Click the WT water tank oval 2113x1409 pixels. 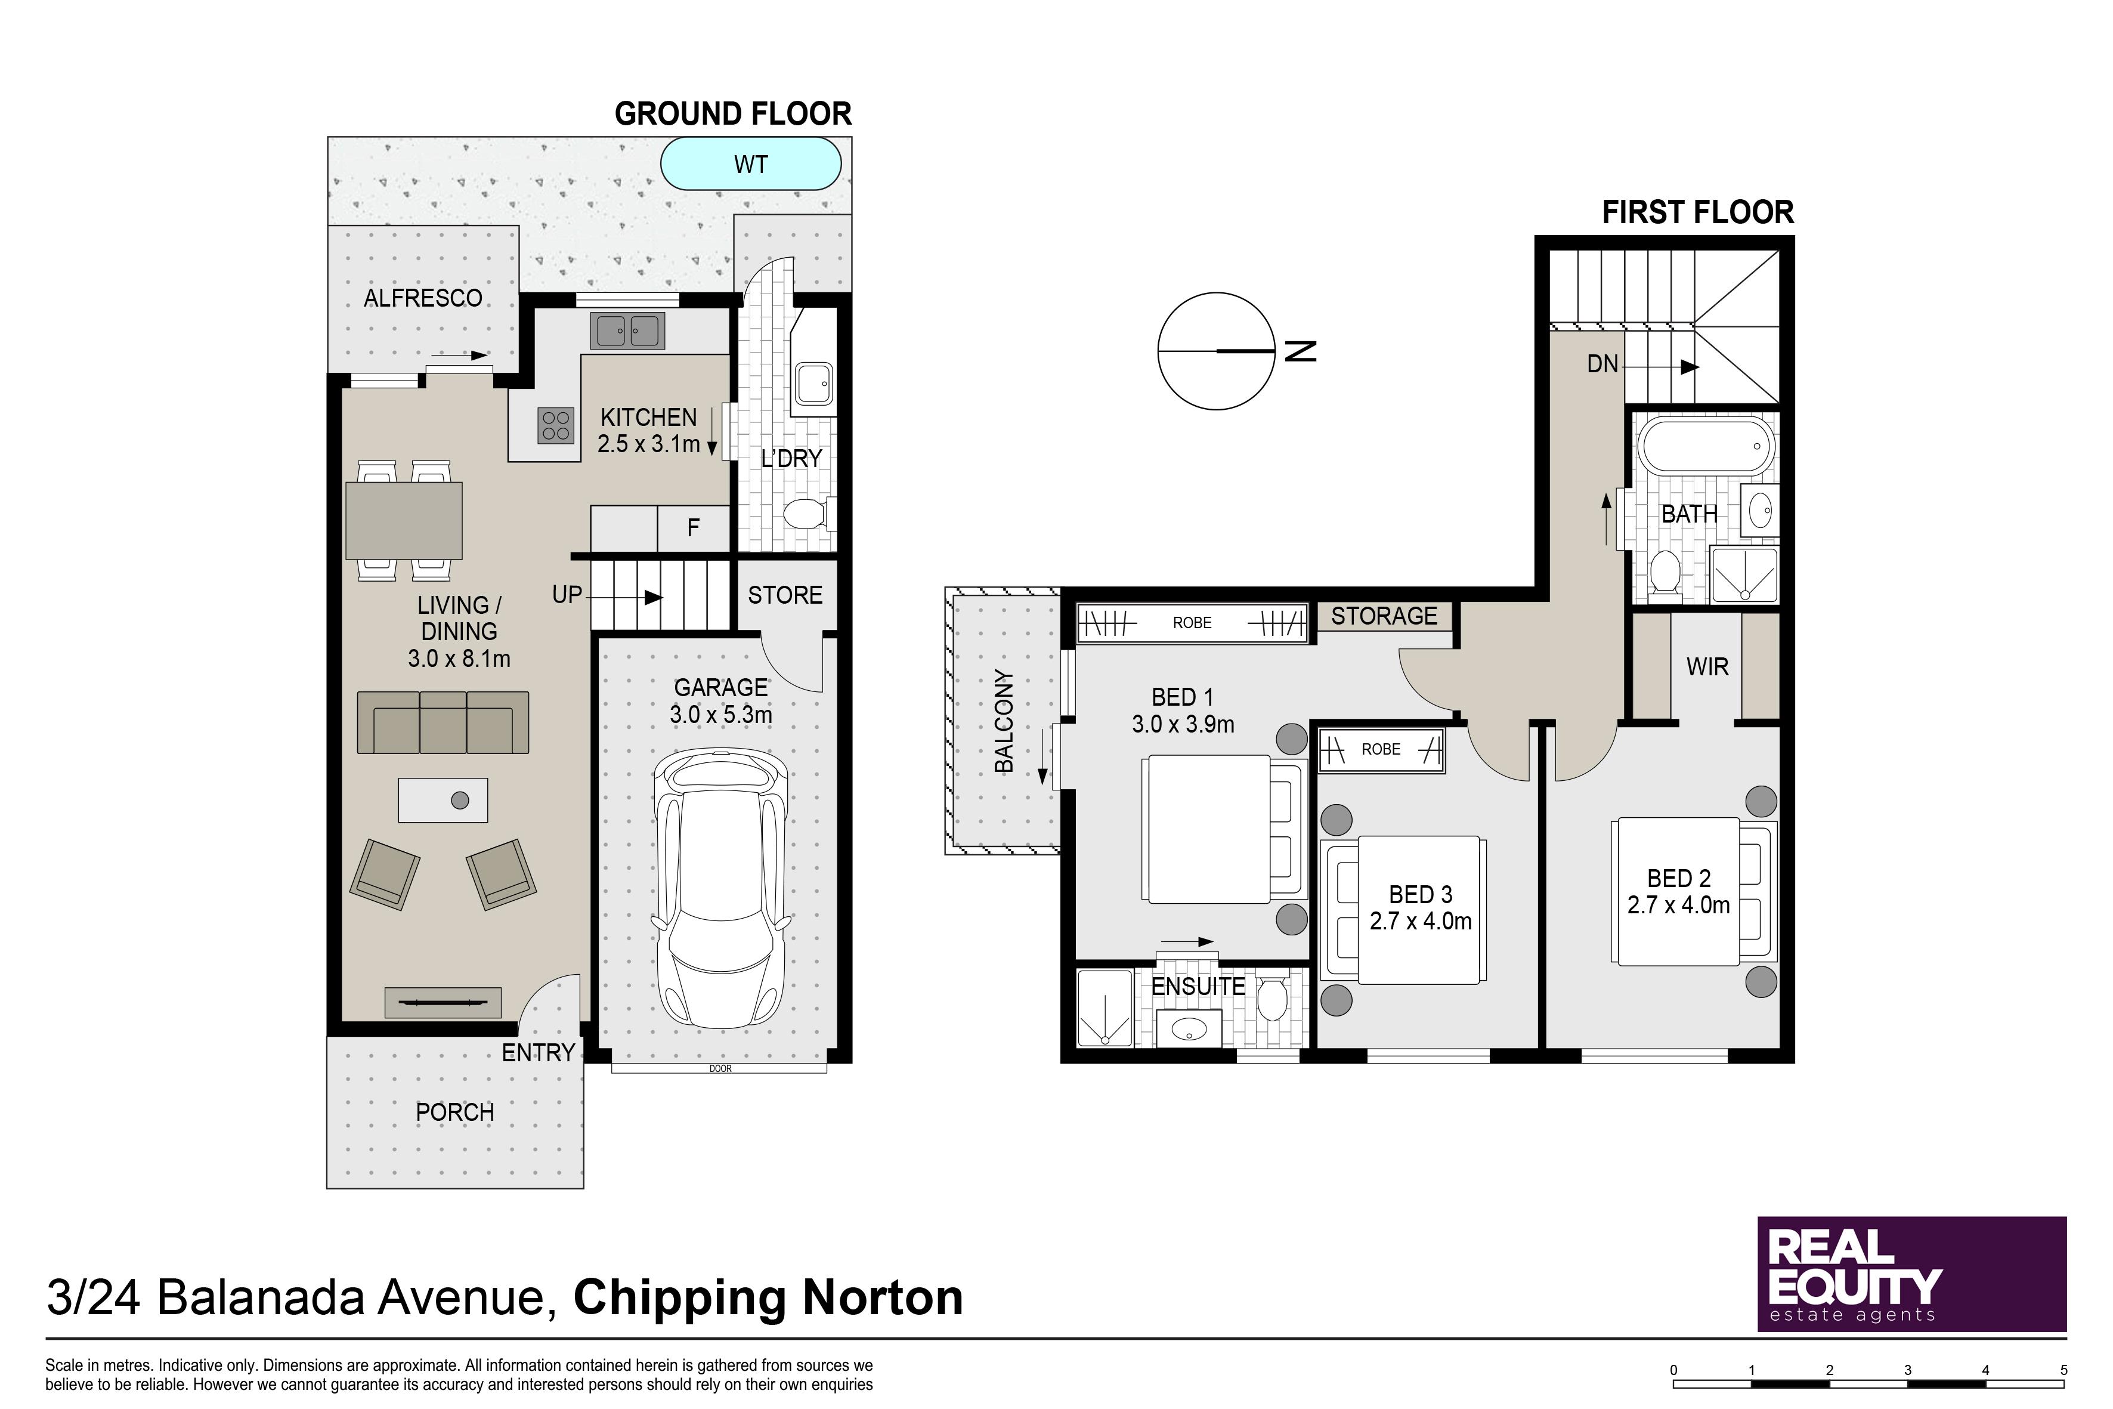tap(751, 163)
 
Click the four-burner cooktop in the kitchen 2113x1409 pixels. tap(556, 425)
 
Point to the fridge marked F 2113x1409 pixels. tap(694, 529)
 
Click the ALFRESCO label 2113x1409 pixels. tap(423, 298)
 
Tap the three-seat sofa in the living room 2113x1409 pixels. tap(443, 722)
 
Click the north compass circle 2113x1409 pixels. tap(1217, 351)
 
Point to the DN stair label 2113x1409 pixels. tap(1602, 364)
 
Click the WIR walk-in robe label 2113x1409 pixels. tap(1707, 667)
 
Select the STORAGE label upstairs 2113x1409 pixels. tap(1384, 616)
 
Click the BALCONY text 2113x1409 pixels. tap(1004, 721)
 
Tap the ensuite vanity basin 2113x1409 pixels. tap(1189, 1028)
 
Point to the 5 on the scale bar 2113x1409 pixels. tap(2063, 1370)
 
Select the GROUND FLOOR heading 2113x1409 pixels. tap(733, 114)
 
